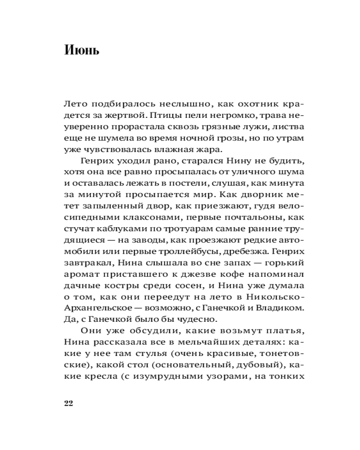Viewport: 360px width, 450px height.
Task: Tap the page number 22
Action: click(68, 403)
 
